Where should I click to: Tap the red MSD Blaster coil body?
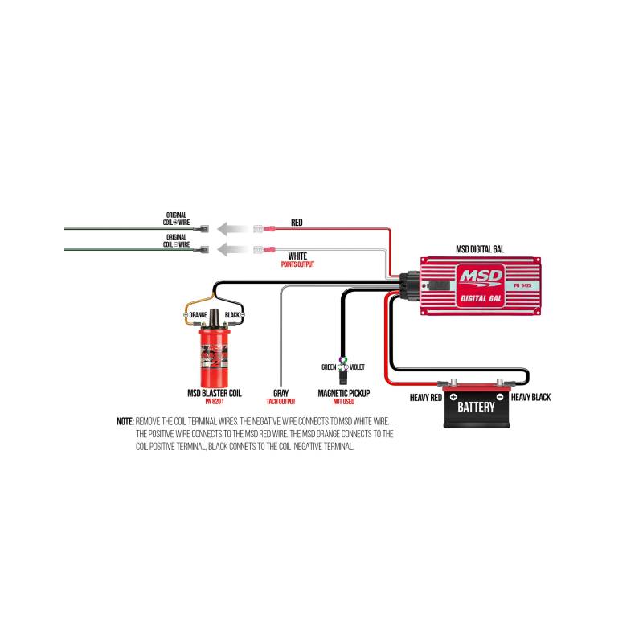215,357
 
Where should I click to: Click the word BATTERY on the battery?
477,408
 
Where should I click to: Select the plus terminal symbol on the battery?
453,397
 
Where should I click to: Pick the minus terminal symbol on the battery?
499,397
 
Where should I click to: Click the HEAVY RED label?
425,397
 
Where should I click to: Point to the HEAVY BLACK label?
530,397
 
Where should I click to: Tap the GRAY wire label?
281,394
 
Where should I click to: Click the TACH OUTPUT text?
281,401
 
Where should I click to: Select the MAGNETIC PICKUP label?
343,394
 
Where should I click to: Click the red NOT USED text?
343,401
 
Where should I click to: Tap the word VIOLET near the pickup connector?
356,367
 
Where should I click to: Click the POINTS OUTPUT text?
297,264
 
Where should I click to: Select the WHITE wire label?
297,256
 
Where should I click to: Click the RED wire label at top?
297,222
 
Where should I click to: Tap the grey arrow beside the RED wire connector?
234,228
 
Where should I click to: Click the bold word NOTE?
125,421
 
